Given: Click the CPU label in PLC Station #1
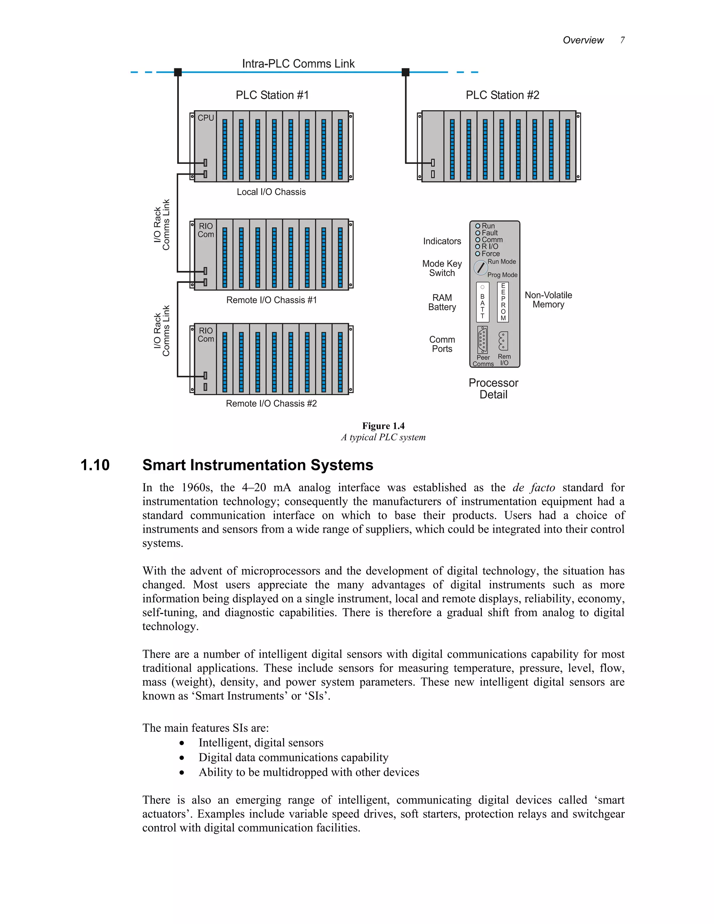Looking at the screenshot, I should click(x=206, y=118).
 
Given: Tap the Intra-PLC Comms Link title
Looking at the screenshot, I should click(x=298, y=63).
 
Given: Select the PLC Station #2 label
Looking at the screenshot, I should click(x=502, y=95).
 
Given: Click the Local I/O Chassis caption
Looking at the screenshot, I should click(x=271, y=192).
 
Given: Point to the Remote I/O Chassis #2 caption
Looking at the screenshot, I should click(x=271, y=404).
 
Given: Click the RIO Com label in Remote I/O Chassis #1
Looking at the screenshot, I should click(x=206, y=230).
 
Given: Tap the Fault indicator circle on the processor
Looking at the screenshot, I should click(x=478, y=233).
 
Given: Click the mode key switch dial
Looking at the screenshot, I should click(x=480, y=268).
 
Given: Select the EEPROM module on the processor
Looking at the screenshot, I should click(x=503, y=302).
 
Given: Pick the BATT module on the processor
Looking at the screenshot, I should click(x=482, y=302).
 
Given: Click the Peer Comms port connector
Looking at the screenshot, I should click(x=482, y=340).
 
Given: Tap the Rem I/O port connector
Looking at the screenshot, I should click(x=503, y=341).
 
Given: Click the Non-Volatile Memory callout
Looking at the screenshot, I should click(x=548, y=300).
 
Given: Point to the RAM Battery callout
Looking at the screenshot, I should click(x=442, y=303).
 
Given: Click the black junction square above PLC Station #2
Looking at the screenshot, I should click(x=405, y=72).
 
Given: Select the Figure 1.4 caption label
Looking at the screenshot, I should click(x=383, y=426).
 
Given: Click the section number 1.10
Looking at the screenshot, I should click(x=95, y=465).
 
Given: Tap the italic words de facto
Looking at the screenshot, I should click(x=533, y=487).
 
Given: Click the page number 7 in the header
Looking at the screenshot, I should click(x=622, y=40).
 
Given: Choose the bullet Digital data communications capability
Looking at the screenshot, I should click(x=294, y=757).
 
